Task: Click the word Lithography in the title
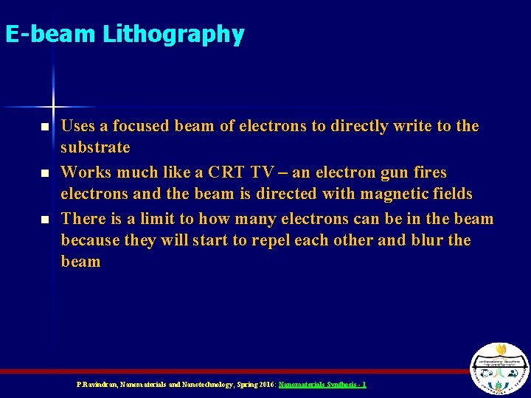(x=175, y=35)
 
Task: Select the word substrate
(x=95, y=148)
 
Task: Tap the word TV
(x=262, y=172)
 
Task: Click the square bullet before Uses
(x=45, y=128)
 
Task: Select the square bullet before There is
(x=45, y=220)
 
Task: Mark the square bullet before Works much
(x=45, y=173)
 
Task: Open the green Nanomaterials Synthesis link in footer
(x=322, y=385)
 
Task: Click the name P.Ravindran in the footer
(x=94, y=385)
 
